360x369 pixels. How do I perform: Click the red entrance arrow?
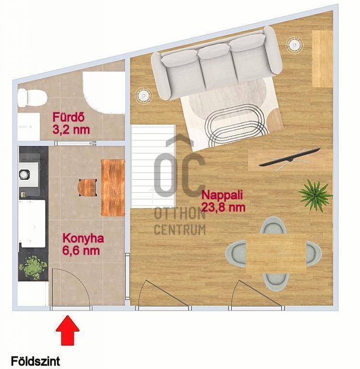click(68, 331)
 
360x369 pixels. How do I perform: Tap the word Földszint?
click(35, 361)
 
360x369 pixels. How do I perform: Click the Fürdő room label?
click(69, 117)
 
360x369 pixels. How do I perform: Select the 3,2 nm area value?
click(71, 129)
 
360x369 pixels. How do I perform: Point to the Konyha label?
click(83, 239)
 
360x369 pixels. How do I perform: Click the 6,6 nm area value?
click(81, 250)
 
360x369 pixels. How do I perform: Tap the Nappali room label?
click(222, 196)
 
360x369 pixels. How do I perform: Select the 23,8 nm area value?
click(224, 208)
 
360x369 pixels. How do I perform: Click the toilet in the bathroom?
click(32, 97)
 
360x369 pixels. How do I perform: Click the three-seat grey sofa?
click(216, 63)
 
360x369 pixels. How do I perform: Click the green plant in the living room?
click(315, 194)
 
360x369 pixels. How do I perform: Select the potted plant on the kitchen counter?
click(33, 267)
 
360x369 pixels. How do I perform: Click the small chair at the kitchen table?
click(87, 188)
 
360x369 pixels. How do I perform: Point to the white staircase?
click(153, 166)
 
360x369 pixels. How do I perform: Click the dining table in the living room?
click(276, 253)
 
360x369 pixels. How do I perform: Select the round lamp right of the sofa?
click(294, 44)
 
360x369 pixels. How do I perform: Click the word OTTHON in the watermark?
click(180, 214)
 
